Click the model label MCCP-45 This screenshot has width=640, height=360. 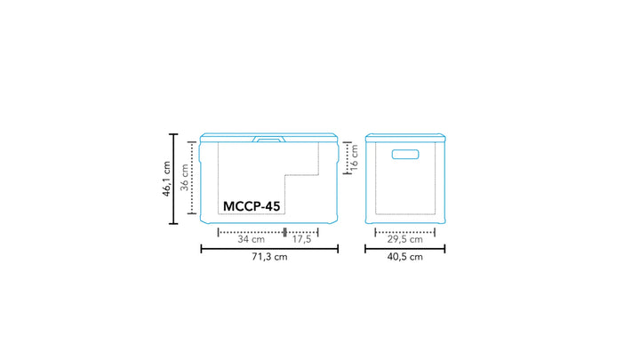251,206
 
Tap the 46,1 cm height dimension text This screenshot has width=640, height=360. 165,180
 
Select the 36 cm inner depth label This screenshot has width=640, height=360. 183,178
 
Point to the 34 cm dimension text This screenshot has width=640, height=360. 251,239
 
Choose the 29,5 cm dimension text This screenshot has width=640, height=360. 404,239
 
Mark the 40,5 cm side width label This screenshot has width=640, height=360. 404,257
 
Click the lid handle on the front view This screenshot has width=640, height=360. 268,139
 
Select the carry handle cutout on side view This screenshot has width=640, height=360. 404,156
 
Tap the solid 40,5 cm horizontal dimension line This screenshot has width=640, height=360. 404,248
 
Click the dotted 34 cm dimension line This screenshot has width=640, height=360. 251,231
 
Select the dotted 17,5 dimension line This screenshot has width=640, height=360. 301,231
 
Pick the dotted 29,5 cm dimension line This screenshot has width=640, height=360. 404,231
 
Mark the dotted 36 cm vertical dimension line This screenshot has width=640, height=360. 191,178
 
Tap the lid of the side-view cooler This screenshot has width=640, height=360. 404,137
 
